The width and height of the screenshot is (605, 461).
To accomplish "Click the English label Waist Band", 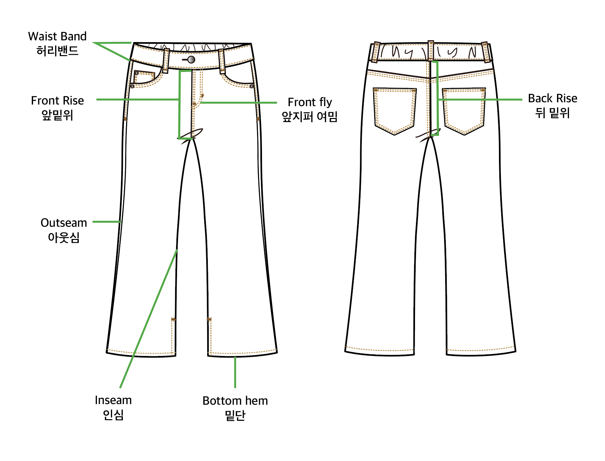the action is point(57,36).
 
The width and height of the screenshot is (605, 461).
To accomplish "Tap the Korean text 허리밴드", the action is point(57,51).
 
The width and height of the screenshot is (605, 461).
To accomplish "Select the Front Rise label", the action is point(57,100).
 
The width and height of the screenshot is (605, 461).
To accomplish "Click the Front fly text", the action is point(310,102).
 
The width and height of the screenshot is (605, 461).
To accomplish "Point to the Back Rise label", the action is point(552,98).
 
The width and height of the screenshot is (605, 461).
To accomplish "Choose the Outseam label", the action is point(64,223).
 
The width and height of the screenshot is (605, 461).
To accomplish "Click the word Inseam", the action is point(113,400).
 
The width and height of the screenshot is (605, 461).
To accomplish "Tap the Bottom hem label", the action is point(235,401).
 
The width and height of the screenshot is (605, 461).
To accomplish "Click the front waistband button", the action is point(191,60).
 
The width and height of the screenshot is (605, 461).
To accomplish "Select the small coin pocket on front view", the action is point(144,77).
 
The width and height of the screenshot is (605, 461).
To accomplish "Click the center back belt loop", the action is point(431,51).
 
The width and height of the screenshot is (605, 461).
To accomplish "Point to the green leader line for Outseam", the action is point(107,222).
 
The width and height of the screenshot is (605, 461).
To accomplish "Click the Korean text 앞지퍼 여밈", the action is point(310,116).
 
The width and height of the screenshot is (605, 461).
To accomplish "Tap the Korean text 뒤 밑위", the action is point(552,113).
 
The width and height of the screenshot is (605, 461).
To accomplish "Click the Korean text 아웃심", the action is point(64,237).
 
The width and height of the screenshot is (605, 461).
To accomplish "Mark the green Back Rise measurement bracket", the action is point(437,97).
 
